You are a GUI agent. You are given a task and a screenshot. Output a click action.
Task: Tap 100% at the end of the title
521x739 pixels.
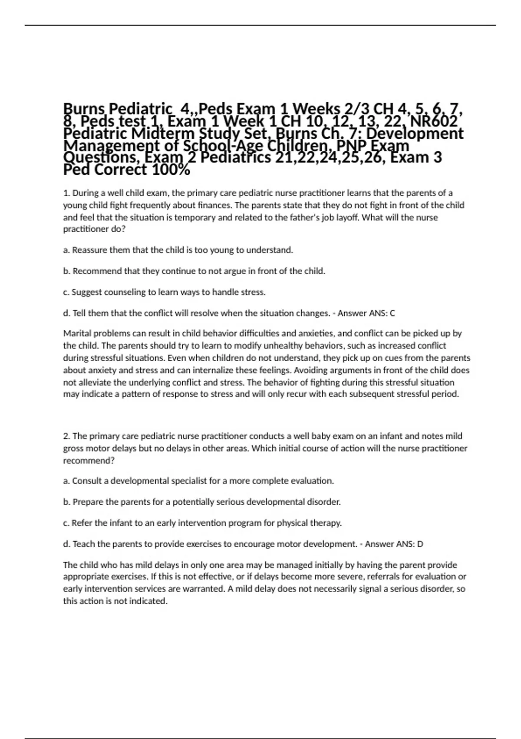tap(171, 170)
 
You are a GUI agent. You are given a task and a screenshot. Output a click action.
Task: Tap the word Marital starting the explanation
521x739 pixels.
tap(77, 333)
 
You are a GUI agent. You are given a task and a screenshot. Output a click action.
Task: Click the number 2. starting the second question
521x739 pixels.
tap(67, 436)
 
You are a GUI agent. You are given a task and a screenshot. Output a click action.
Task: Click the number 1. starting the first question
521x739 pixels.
tap(66, 193)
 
